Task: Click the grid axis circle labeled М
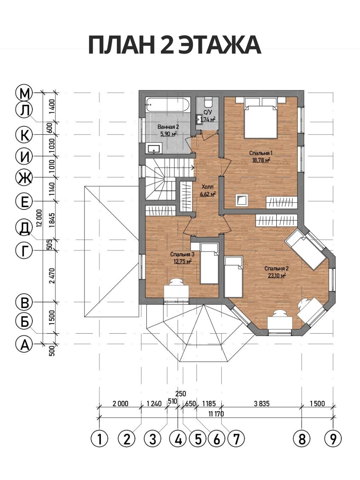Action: point(24,93)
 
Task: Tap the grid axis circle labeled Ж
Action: point(24,177)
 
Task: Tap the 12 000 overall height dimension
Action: point(40,218)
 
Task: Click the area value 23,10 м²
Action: point(277,276)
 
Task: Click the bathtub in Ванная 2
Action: point(168,105)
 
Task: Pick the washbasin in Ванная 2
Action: point(154,149)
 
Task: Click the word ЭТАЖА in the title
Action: point(220,46)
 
